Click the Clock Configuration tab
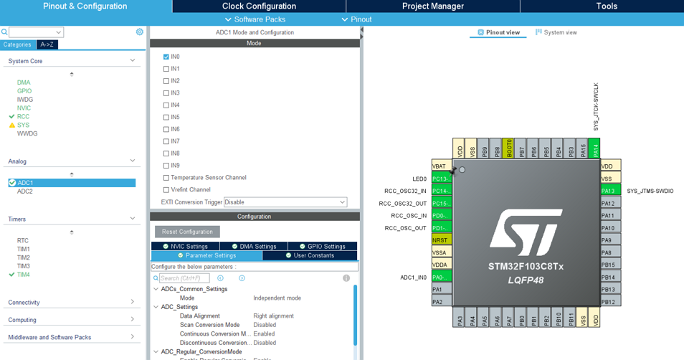pyautogui.click(x=259, y=6)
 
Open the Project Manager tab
pyautogui.click(x=432, y=6)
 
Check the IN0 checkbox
pyautogui.click(x=166, y=57)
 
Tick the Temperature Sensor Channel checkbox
pyautogui.click(x=166, y=178)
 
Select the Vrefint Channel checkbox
pyautogui.click(x=166, y=190)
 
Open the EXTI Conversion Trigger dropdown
pyautogui.click(x=285, y=202)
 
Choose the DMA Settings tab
pyautogui.click(x=254, y=247)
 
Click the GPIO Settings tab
pyautogui.click(x=322, y=247)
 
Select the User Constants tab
pyautogui.click(x=310, y=256)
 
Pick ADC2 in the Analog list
pyautogui.click(x=25, y=191)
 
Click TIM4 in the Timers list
pyautogui.click(x=24, y=275)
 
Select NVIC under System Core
pyautogui.click(x=24, y=108)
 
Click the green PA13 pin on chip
pyautogui.click(x=609, y=191)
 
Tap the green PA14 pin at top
pyautogui.click(x=594, y=148)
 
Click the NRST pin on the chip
pyautogui.click(x=441, y=240)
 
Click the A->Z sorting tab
pyautogui.click(x=47, y=44)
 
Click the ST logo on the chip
pyautogui.click(x=526, y=232)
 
